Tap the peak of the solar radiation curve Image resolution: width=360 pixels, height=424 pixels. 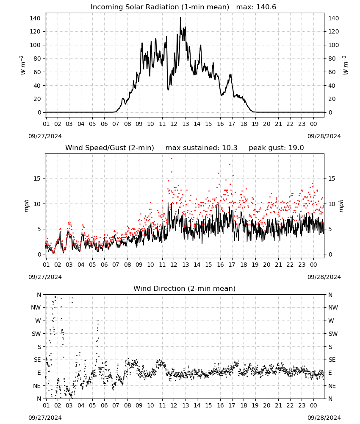(x=181, y=18)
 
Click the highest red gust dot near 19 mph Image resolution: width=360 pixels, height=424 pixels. (x=172, y=159)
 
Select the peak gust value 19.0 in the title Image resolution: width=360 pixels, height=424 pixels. (x=296, y=148)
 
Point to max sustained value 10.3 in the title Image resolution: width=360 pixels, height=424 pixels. (x=230, y=148)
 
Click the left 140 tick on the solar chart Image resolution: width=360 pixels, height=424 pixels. (x=36, y=18)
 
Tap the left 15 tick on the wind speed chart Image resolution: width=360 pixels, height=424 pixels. (x=37, y=179)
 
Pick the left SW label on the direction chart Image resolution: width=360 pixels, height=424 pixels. (x=36, y=334)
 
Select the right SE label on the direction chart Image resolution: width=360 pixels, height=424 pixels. (x=332, y=360)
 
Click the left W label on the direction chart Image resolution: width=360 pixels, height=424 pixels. (x=38, y=321)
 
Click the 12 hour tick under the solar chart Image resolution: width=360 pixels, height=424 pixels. (x=174, y=124)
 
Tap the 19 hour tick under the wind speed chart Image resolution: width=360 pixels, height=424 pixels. (x=255, y=265)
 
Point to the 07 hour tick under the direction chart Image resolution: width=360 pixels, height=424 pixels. (x=116, y=406)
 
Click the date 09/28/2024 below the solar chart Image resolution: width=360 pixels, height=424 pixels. (x=324, y=136)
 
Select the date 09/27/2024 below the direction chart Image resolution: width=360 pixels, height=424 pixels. (x=45, y=418)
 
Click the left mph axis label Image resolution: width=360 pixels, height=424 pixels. (x=26, y=206)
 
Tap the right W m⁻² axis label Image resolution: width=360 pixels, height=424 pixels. (x=346, y=65)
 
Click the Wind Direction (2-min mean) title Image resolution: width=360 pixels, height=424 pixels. (x=185, y=288)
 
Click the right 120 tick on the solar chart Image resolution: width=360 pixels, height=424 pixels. (x=334, y=32)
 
